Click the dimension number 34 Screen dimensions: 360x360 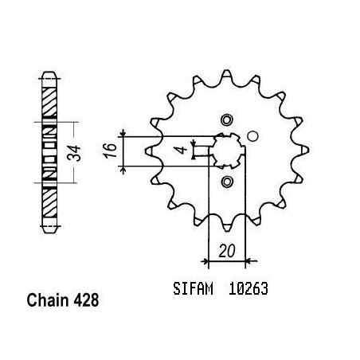pos(74,153)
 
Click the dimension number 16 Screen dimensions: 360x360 pos(111,151)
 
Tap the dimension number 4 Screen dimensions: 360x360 pos(182,150)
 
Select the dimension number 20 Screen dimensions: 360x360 pos(227,251)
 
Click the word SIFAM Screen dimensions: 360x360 pos(193,289)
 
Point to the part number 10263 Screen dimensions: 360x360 pos(248,289)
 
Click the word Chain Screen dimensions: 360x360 pos(48,300)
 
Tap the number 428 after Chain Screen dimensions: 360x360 pos(86,300)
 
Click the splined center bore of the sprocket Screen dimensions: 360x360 pos(227,151)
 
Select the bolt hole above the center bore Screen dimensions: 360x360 pos(227,120)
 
